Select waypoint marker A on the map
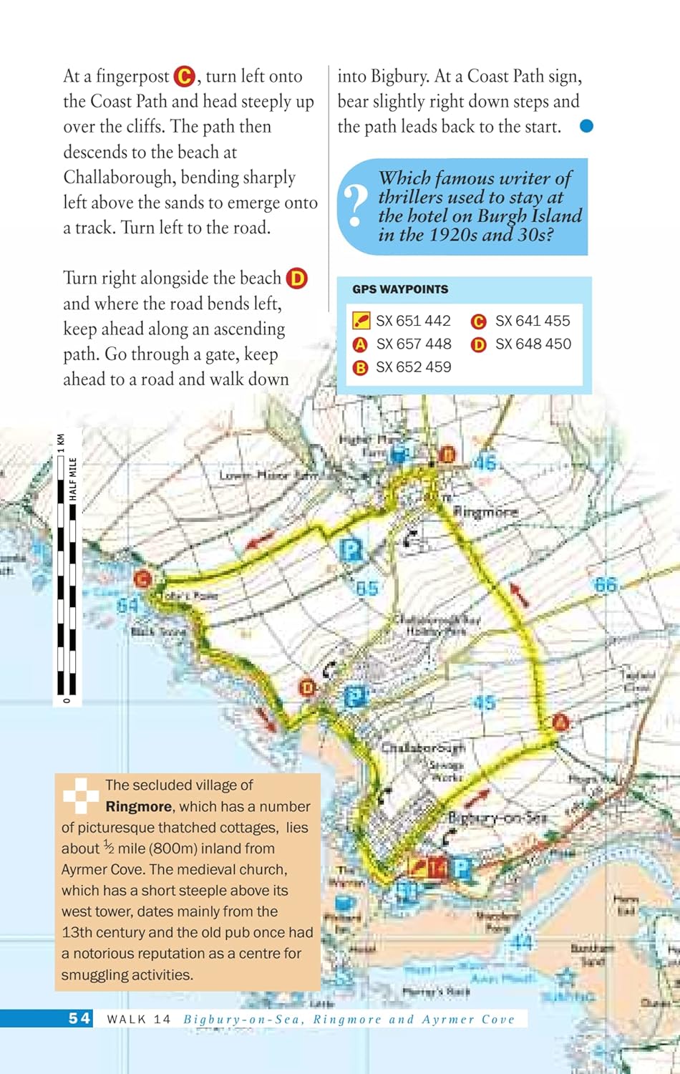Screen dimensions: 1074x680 (560, 722)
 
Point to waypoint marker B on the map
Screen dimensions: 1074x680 (447, 454)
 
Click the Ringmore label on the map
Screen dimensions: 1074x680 (486, 512)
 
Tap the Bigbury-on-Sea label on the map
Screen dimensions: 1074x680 (497, 818)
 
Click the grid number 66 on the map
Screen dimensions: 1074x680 (605, 585)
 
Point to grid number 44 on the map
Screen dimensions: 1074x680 (522, 942)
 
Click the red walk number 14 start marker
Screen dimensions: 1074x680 (438, 869)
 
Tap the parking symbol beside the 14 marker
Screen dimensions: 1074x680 (461, 869)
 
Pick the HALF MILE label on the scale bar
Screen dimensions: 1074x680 (73, 479)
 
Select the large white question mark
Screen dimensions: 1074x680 (355, 206)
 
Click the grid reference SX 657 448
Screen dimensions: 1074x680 (414, 344)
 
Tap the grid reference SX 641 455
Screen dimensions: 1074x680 (533, 321)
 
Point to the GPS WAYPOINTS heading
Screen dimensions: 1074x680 (400, 289)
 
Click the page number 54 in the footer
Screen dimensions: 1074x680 (79, 1018)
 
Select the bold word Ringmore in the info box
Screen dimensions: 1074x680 (138, 806)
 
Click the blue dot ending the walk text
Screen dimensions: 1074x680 (586, 126)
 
